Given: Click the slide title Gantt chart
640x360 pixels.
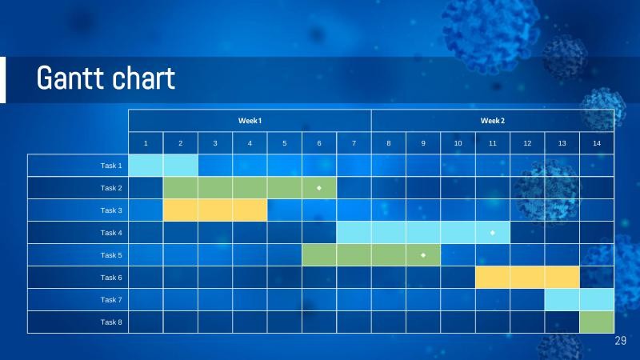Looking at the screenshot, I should [x=106, y=79].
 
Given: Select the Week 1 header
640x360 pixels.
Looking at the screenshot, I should [x=250, y=121].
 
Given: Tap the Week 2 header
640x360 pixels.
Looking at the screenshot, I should [x=492, y=121].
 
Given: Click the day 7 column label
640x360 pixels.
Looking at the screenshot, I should [x=354, y=143].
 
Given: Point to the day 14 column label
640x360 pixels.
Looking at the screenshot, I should [x=596, y=143].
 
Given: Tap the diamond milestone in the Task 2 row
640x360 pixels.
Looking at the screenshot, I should [x=319, y=188].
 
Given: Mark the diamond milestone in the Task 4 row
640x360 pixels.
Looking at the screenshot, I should [x=493, y=233].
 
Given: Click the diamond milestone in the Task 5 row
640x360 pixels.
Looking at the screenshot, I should [x=423, y=255].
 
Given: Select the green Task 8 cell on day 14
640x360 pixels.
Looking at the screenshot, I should [x=596, y=322].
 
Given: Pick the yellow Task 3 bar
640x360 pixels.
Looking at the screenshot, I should [x=215, y=210].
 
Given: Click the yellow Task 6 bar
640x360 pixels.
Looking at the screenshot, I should [x=527, y=278].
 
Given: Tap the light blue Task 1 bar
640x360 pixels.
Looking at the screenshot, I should [x=163, y=166].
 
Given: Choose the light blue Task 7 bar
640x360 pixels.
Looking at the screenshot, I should [x=579, y=300].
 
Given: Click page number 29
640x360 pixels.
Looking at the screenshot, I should [x=620, y=342].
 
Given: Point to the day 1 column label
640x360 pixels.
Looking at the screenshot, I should [x=146, y=143].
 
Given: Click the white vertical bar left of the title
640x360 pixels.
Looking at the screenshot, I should [x=2, y=80].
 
